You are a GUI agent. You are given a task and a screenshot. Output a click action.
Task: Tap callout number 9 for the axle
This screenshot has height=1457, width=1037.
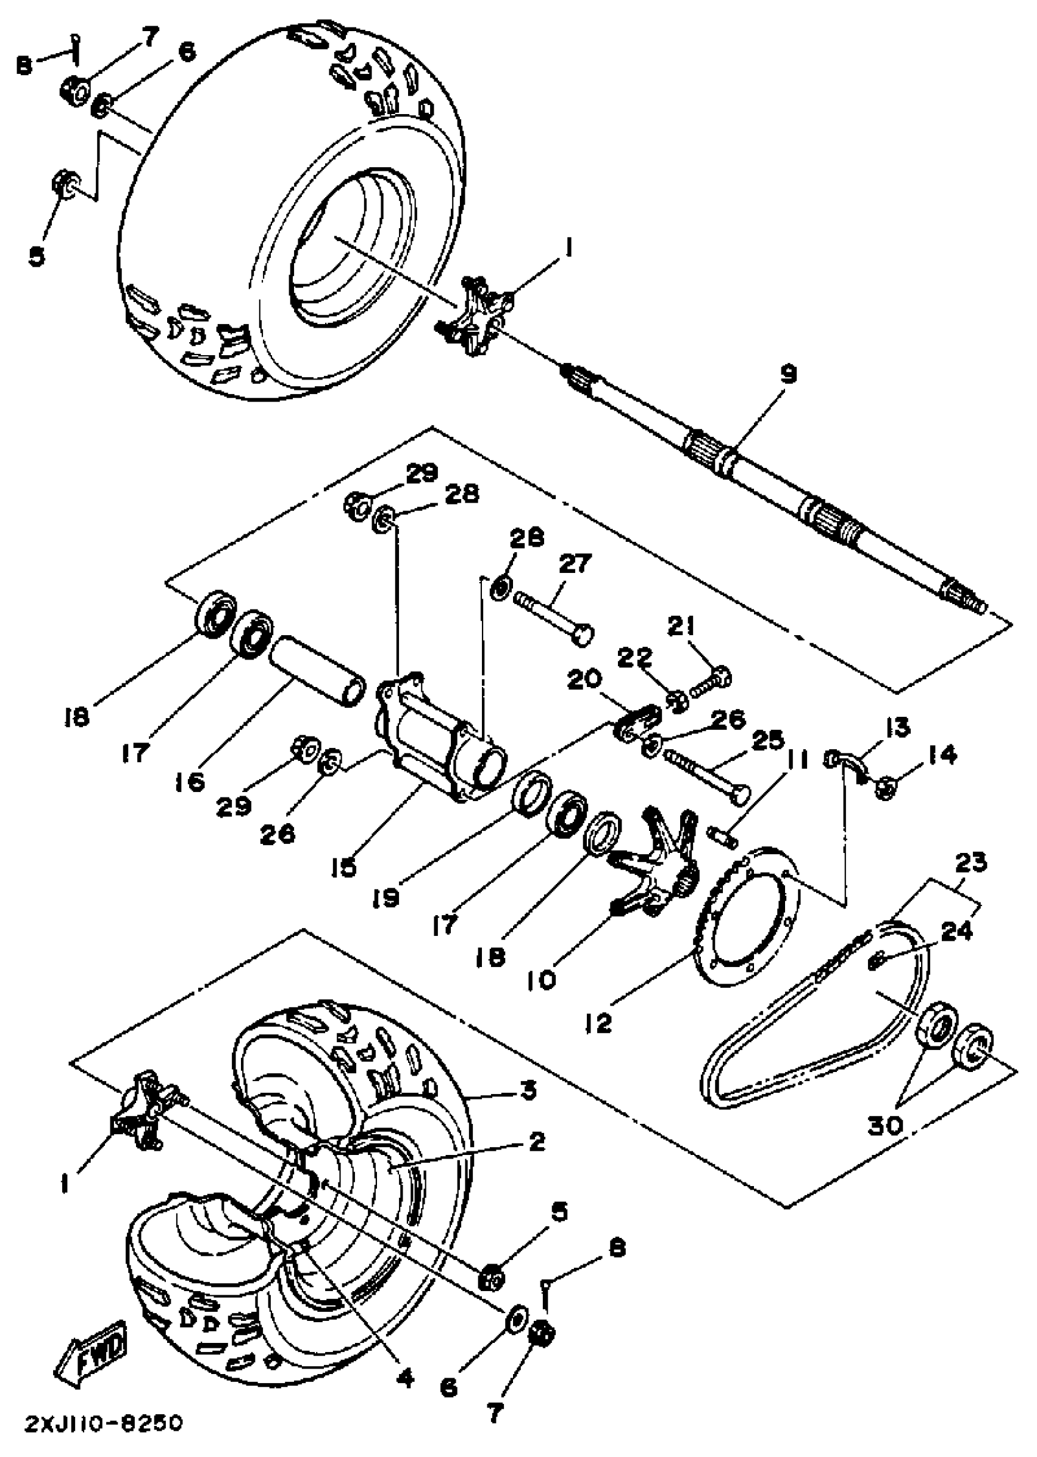(789, 374)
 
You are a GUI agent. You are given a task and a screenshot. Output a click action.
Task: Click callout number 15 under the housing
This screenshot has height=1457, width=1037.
(344, 866)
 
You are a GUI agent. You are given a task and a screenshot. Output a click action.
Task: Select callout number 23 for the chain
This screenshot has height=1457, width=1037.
(971, 862)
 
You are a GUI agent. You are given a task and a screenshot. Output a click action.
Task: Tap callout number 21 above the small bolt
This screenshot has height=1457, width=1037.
(681, 626)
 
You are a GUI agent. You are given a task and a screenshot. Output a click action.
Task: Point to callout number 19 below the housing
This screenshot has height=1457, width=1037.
(386, 898)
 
